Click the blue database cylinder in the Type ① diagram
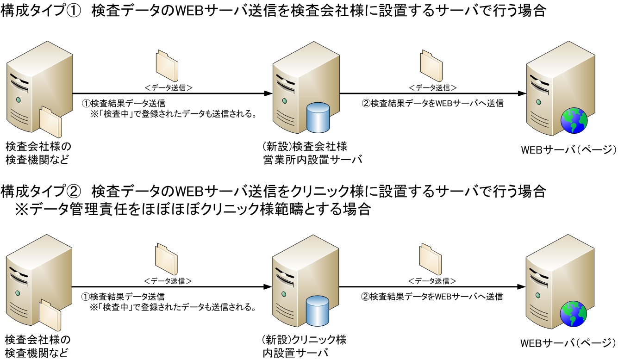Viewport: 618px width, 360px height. pyautogui.click(x=319, y=117)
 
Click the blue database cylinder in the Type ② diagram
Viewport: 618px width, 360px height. pyautogui.click(x=318, y=310)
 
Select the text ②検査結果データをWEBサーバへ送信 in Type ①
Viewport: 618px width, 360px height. pyautogui.click(x=432, y=104)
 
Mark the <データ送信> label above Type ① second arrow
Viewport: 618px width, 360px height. pyautogui.click(x=433, y=87)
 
